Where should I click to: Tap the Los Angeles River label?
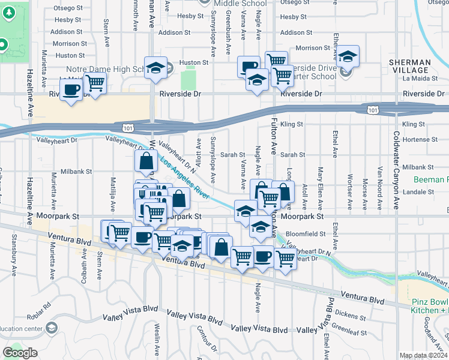pyautogui.click(x=184, y=178)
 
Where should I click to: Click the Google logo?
pyautogui.click(x=20, y=353)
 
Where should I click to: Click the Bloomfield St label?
pyautogui.click(x=307, y=234)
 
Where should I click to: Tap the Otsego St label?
pyautogui.click(x=68, y=8)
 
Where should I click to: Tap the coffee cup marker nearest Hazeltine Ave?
pyautogui.click(x=71, y=90)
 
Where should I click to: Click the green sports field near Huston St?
pyautogui.click(x=189, y=77)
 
